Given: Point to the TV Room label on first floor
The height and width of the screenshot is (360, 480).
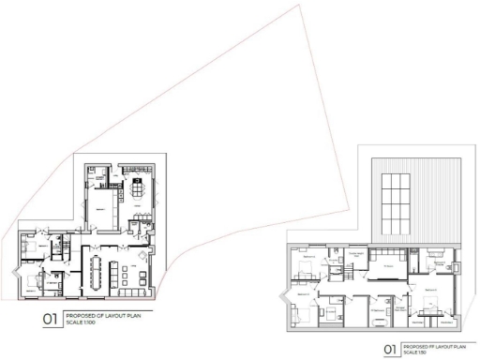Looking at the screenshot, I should pyautogui.click(x=385, y=266).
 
